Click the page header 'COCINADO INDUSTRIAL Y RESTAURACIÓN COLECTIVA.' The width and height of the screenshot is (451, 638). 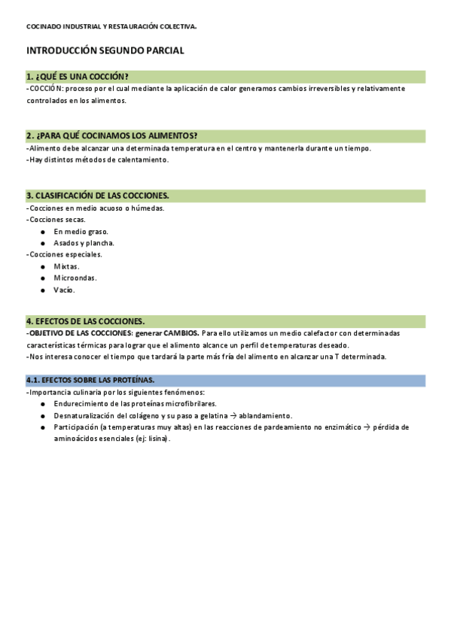[111, 26]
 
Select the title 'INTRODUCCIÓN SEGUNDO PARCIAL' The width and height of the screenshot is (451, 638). [105, 50]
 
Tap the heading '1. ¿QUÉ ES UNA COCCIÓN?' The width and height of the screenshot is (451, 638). [78, 77]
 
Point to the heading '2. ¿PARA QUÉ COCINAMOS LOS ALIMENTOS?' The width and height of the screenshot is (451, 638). [112, 136]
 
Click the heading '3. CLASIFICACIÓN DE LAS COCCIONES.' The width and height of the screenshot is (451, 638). [98, 196]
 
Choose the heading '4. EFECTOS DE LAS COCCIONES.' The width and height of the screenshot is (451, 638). [86, 321]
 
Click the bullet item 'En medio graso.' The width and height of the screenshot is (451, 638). [81, 232]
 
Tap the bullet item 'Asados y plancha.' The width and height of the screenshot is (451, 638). [84, 243]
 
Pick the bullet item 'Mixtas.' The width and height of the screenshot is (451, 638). [66, 266]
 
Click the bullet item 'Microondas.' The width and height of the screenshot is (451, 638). [75, 278]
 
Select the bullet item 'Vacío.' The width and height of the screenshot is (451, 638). [64, 290]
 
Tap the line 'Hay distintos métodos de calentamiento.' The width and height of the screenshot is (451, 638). [99, 159]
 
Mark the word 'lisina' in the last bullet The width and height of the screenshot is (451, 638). [159, 439]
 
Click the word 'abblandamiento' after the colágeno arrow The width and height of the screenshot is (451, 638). [265, 415]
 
